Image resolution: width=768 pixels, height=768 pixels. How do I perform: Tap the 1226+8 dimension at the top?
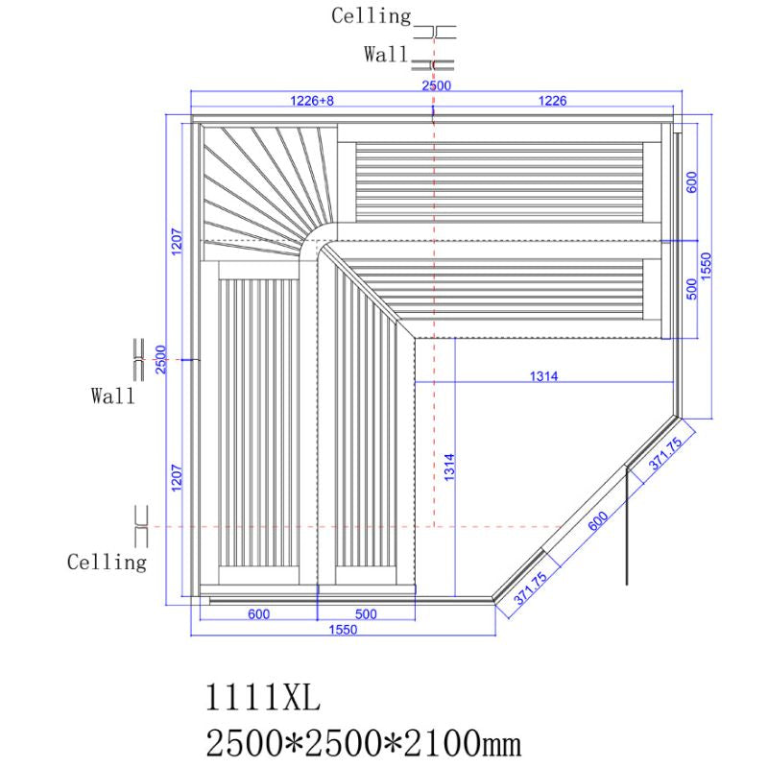(x=312, y=100)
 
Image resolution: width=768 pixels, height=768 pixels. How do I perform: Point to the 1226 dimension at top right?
(x=552, y=100)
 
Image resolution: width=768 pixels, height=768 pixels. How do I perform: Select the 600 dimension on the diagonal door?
(x=597, y=521)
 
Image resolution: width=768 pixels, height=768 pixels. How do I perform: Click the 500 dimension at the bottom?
(x=366, y=613)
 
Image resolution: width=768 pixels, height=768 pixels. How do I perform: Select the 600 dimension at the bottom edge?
(x=258, y=613)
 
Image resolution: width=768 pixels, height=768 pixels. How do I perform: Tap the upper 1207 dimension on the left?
(x=176, y=240)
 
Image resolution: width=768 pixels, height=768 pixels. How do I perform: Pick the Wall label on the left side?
(x=113, y=395)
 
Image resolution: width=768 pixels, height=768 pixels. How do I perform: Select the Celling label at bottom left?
(x=107, y=562)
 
